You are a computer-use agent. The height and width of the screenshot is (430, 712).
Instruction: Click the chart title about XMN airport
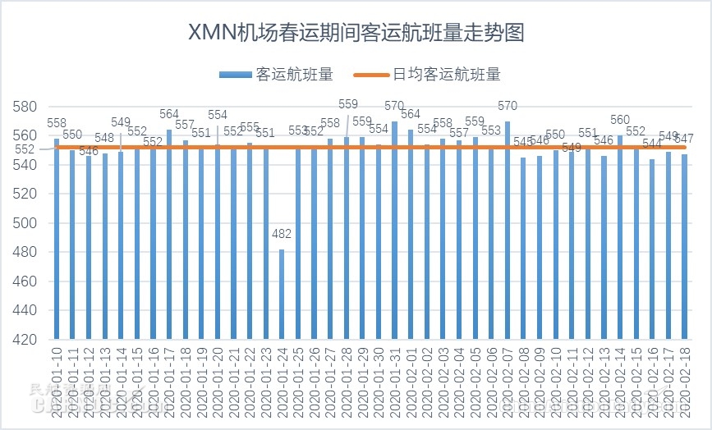(x=356, y=33)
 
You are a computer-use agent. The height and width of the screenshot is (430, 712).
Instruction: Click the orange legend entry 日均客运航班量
(x=426, y=75)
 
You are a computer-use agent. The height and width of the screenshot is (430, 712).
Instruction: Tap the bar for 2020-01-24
(x=282, y=294)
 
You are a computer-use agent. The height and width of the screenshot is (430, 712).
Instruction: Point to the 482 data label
(x=282, y=235)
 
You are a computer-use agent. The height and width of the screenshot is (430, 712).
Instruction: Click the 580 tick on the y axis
(x=25, y=107)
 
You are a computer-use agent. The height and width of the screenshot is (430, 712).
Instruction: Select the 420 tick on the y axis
(x=25, y=340)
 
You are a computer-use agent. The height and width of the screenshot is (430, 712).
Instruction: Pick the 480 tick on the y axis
(x=25, y=252)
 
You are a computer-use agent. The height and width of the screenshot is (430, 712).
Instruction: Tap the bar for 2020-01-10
(x=57, y=239)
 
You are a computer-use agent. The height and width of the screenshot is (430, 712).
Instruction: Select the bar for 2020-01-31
(x=394, y=231)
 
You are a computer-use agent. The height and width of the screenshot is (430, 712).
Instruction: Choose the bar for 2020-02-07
(x=508, y=231)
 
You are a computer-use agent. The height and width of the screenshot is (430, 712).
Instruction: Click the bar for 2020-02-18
(x=684, y=247)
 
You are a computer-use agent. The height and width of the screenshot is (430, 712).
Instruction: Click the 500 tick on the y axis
(x=25, y=223)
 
